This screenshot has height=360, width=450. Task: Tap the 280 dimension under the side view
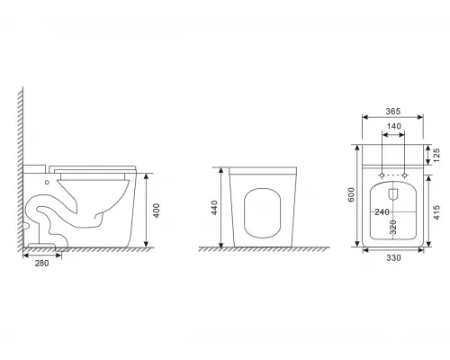tap(41, 265)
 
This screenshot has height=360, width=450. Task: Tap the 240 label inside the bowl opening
tap(381, 211)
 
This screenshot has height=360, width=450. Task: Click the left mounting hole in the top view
tap(382, 172)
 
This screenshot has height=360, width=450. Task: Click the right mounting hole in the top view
tap(405, 172)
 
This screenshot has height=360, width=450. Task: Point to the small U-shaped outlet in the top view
tap(393, 193)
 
